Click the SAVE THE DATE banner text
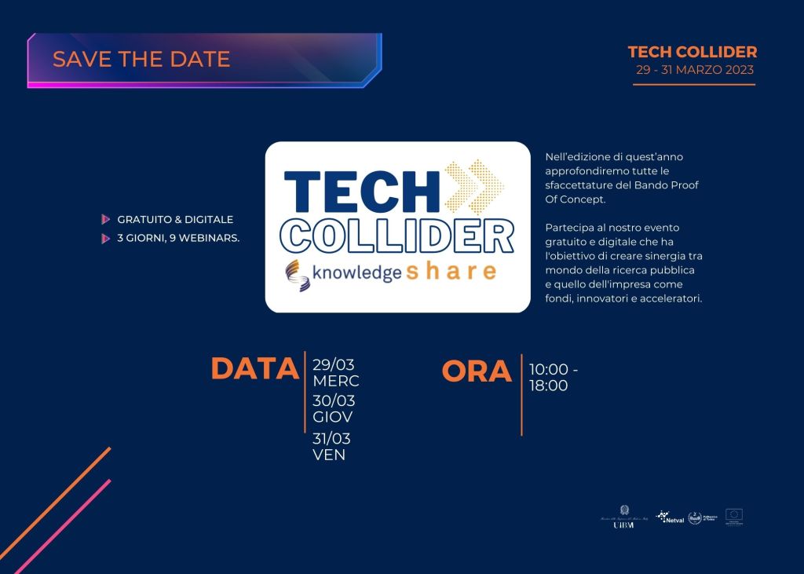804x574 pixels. pos(141,59)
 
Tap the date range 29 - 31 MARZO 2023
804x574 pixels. pos(694,70)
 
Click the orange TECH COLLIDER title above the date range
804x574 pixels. pos(693,52)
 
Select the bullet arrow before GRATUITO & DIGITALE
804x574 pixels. pos(106,220)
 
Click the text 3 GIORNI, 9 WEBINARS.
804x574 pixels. pos(178,239)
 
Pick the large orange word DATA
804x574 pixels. pos(255,369)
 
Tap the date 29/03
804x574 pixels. pos(333,364)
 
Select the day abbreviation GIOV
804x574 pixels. pos(333,417)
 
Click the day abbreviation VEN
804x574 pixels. pos(329,455)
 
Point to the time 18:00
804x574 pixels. pos(548,386)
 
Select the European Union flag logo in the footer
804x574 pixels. pos(734,516)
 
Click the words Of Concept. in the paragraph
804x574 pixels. pos(575,199)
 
